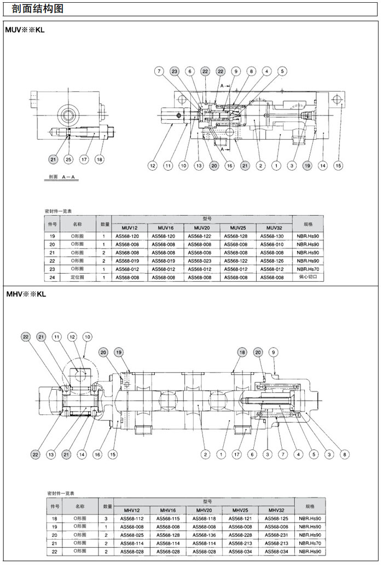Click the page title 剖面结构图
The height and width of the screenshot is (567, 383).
point(37,9)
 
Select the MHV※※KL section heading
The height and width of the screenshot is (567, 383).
point(25,294)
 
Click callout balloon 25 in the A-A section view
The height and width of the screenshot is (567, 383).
point(68,159)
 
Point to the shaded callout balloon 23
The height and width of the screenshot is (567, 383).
point(174,71)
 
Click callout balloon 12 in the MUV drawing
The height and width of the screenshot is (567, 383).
point(153,165)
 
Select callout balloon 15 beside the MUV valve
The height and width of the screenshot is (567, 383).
point(339,165)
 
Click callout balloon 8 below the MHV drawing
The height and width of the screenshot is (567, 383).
point(345,454)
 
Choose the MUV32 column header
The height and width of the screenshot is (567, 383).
point(274,228)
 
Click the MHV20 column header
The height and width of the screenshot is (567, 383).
point(202,510)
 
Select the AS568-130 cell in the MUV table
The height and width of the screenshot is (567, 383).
point(274,236)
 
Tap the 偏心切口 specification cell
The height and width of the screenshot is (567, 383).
point(307,277)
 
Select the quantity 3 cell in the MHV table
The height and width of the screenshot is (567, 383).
point(106,518)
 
